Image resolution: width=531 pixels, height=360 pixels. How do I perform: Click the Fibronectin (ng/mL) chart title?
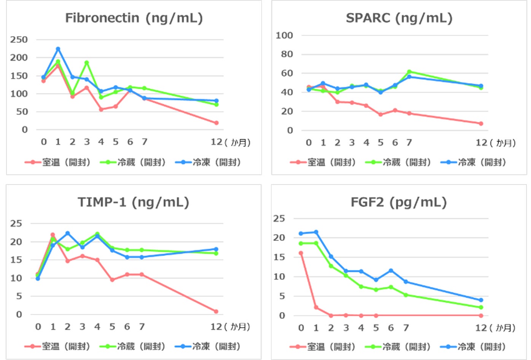(134, 18)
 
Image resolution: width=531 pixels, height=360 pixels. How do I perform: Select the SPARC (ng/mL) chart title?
(399, 18)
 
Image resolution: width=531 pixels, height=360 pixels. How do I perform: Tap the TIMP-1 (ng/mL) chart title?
(134, 202)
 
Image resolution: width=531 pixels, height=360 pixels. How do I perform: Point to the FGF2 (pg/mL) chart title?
(399, 202)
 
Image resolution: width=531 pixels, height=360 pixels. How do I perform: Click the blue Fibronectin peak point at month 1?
(58, 49)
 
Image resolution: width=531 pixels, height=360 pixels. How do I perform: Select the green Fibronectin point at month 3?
(87, 63)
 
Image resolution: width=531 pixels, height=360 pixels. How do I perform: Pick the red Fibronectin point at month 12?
(216, 123)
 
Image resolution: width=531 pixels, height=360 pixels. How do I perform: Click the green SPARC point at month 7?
(409, 72)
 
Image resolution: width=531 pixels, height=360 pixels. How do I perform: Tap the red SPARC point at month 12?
(481, 124)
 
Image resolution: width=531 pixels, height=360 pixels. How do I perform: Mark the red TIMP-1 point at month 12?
(216, 311)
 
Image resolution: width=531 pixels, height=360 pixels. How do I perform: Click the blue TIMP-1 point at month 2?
(67, 233)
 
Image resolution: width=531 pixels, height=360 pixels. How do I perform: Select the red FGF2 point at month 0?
(301, 253)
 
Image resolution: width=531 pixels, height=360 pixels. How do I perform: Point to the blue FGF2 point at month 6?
(391, 271)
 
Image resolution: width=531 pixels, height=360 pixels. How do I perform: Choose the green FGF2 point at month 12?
(481, 307)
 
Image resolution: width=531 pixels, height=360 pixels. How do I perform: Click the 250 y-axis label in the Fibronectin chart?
(19, 40)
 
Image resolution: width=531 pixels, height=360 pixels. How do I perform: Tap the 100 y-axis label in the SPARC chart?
(284, 35)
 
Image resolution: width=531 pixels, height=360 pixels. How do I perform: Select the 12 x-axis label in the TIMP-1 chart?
(216, 327)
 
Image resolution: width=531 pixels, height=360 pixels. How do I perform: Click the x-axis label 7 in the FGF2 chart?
(406, 328)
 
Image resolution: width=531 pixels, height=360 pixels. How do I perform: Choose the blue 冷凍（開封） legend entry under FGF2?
(473, 347)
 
